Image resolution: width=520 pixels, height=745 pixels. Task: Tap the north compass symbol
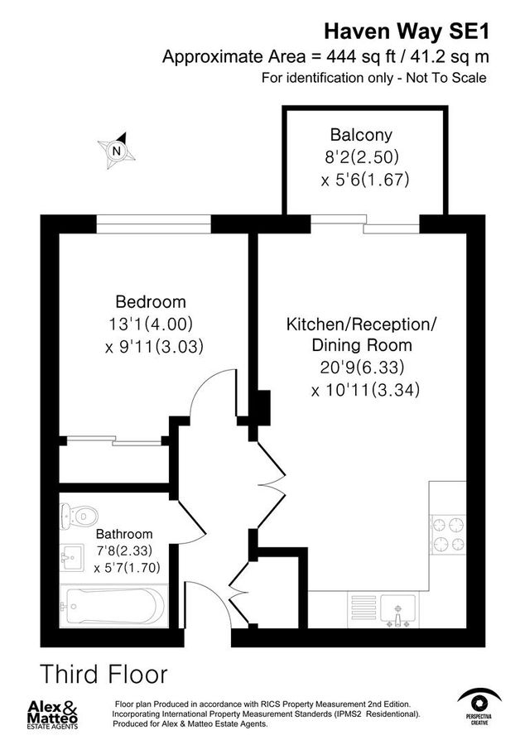click(117, 150)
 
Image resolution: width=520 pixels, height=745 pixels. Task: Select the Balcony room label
click(360, 135)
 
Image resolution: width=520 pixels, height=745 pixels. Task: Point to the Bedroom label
click(151, 301)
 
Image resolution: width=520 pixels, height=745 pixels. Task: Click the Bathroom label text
click(124, 534)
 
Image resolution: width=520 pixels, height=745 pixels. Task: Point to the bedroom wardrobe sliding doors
click(116, 440)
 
